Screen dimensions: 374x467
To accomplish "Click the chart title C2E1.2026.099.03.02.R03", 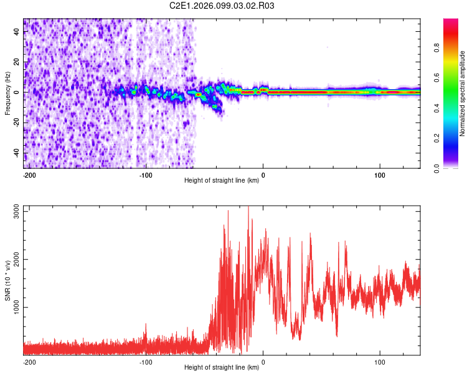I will pyautogui.click(x=222, y=6).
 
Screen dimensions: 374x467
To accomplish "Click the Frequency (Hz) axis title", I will pyautogui.click(x=7, y=93).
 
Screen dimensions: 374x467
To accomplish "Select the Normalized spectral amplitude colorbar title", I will pyautogui.click(x=463, y=93).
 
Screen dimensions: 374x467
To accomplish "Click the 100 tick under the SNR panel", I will pyautogui.click(x=379, y=362).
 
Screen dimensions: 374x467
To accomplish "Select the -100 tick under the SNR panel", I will pyautogui.click(x=145, y=362).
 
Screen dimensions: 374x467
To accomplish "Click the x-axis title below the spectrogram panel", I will pyautogui.click(x=222, y=181).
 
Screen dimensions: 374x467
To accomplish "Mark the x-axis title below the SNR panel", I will pyautogui.click(x=222, y=367).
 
